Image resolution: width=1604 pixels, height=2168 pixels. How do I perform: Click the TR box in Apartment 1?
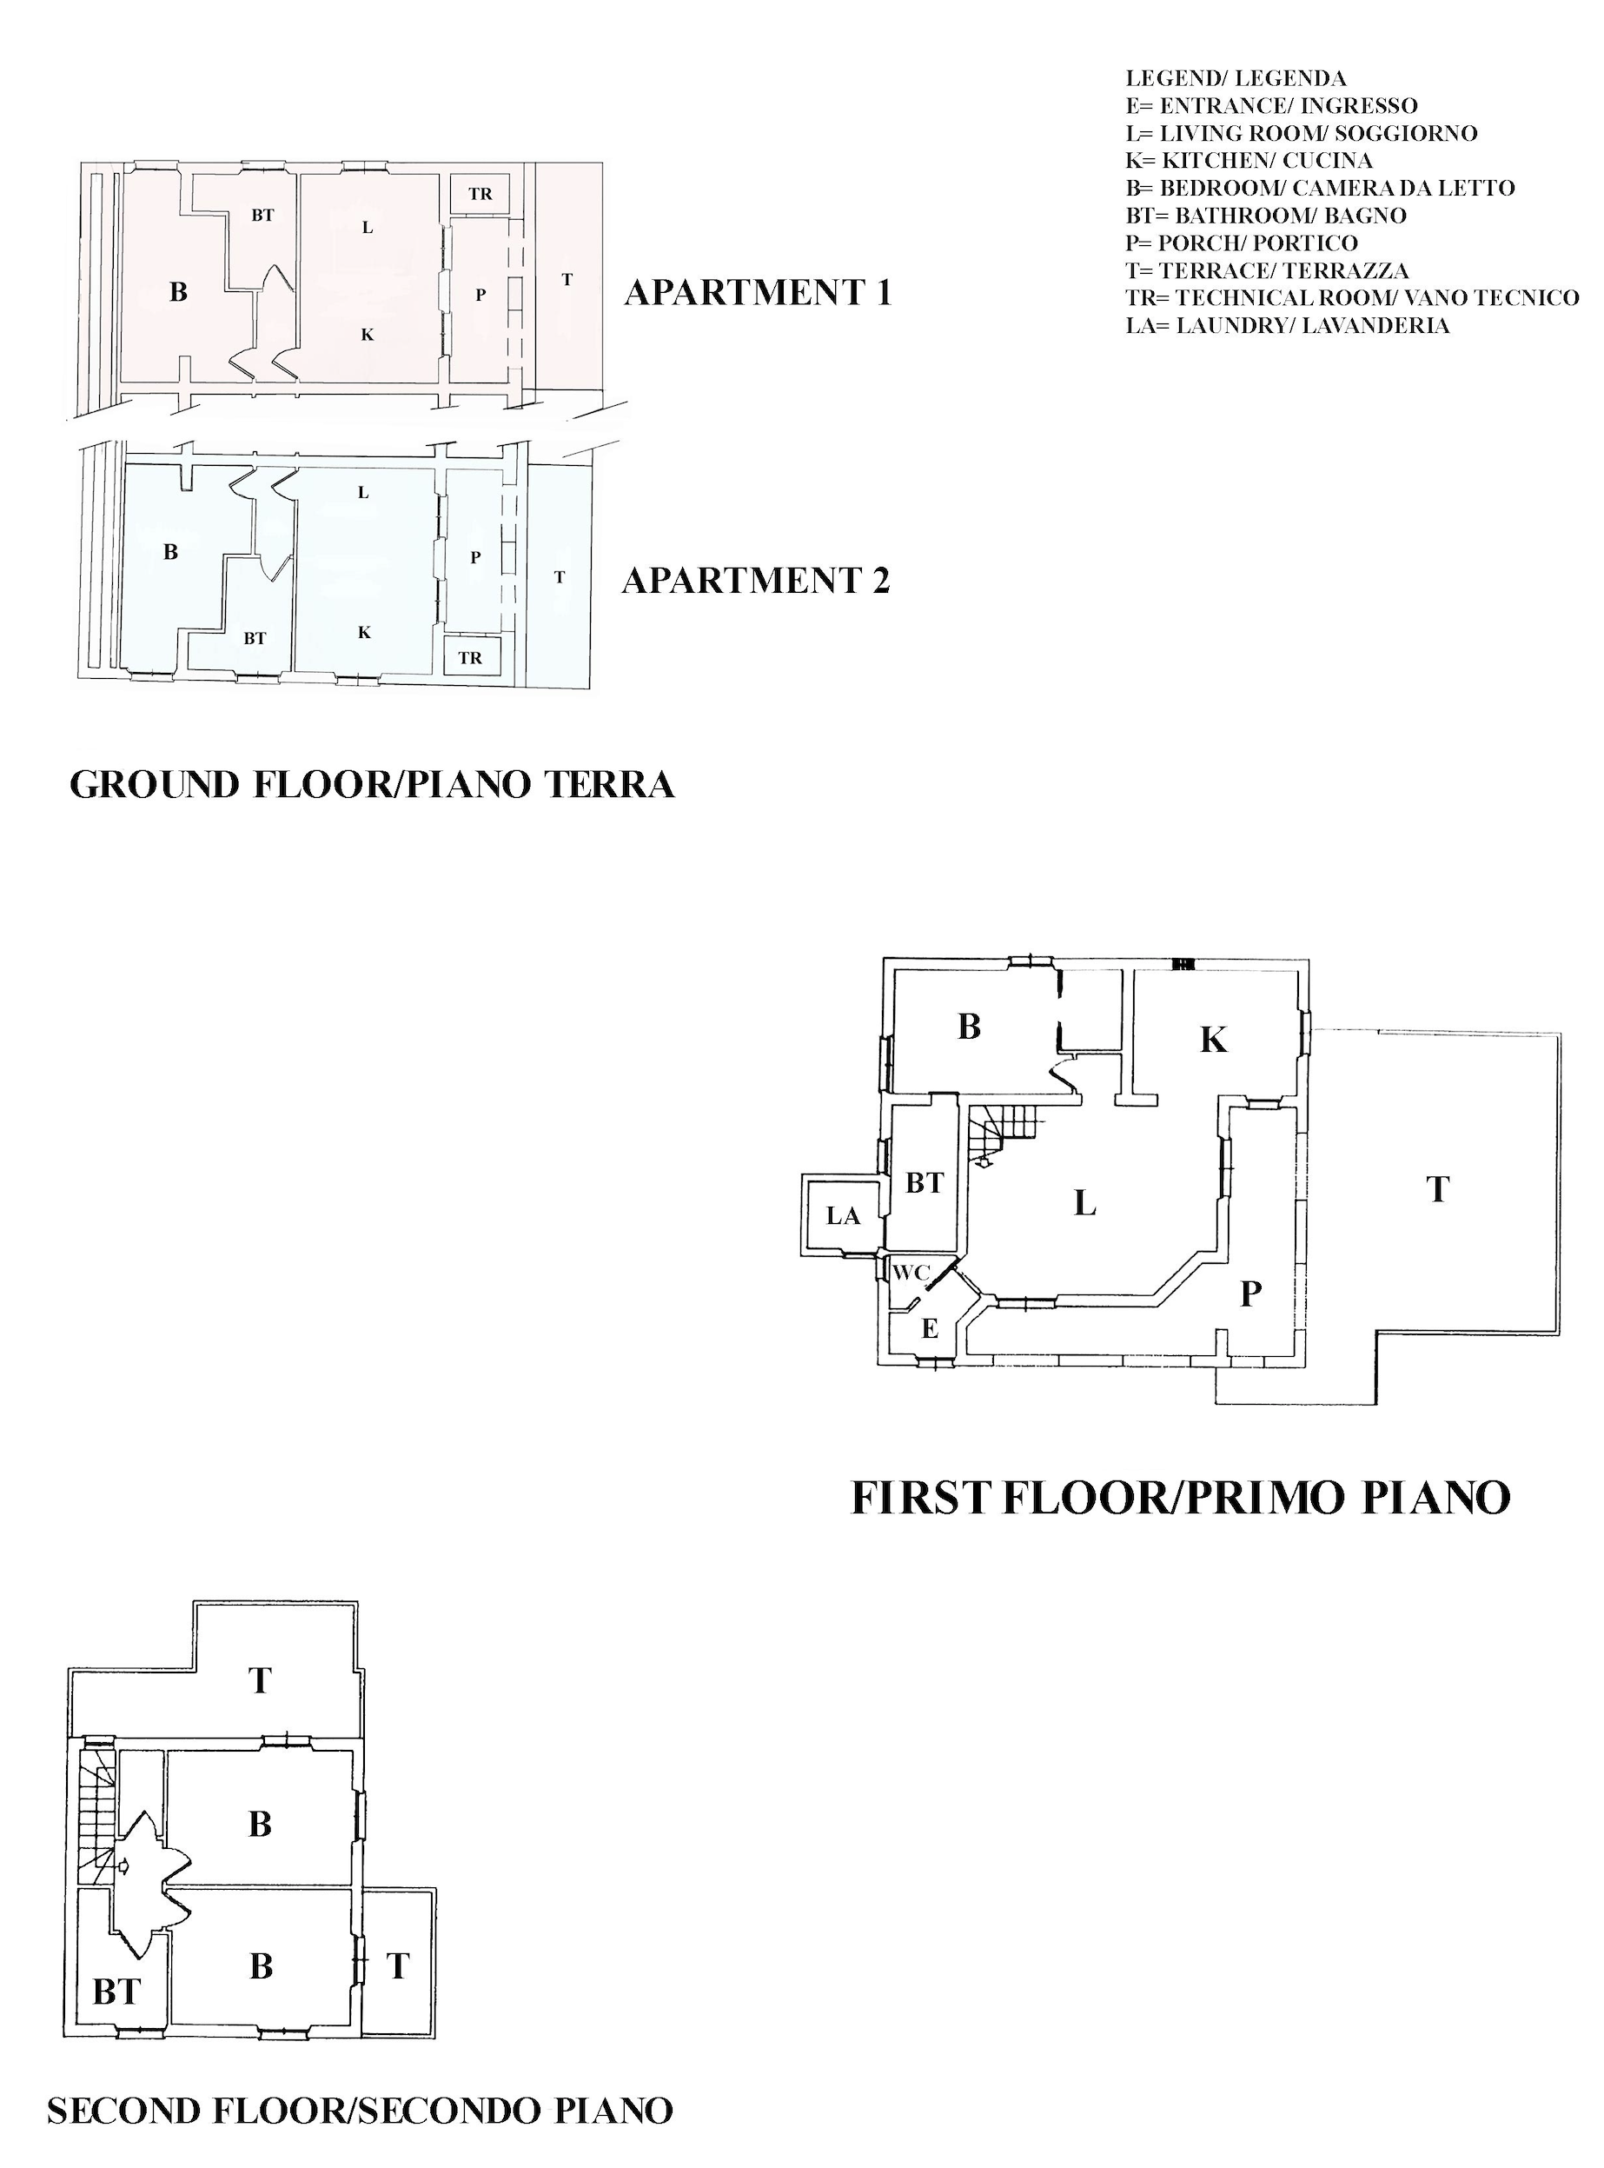481,193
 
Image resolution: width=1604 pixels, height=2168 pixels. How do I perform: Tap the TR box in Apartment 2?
471,656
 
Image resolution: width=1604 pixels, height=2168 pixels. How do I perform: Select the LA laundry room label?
843,1215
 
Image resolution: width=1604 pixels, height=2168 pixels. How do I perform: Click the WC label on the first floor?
911,1273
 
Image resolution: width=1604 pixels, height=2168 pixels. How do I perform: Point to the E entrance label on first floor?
929,1329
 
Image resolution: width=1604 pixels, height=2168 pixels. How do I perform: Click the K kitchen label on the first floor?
1213,1041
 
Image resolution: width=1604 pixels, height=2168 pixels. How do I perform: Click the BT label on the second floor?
116,1992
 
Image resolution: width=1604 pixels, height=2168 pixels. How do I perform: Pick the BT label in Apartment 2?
255,638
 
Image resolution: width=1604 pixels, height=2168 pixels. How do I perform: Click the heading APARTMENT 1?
758,292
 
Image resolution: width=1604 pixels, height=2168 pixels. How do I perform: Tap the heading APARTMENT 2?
755,580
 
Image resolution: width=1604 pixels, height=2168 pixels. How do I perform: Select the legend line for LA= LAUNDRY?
1288,325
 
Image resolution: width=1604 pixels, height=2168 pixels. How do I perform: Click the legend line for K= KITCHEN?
1249,160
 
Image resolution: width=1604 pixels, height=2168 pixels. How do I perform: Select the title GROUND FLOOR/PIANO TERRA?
372,785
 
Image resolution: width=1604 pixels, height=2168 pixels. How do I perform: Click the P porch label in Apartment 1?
480,296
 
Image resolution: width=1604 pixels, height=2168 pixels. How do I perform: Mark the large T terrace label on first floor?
1438,1190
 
